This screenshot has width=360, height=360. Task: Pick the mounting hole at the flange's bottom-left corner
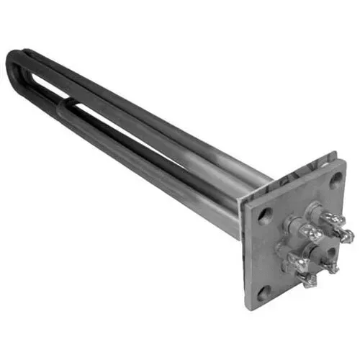click(262, 291)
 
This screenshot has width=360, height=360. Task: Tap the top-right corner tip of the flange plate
click(345, 161)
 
